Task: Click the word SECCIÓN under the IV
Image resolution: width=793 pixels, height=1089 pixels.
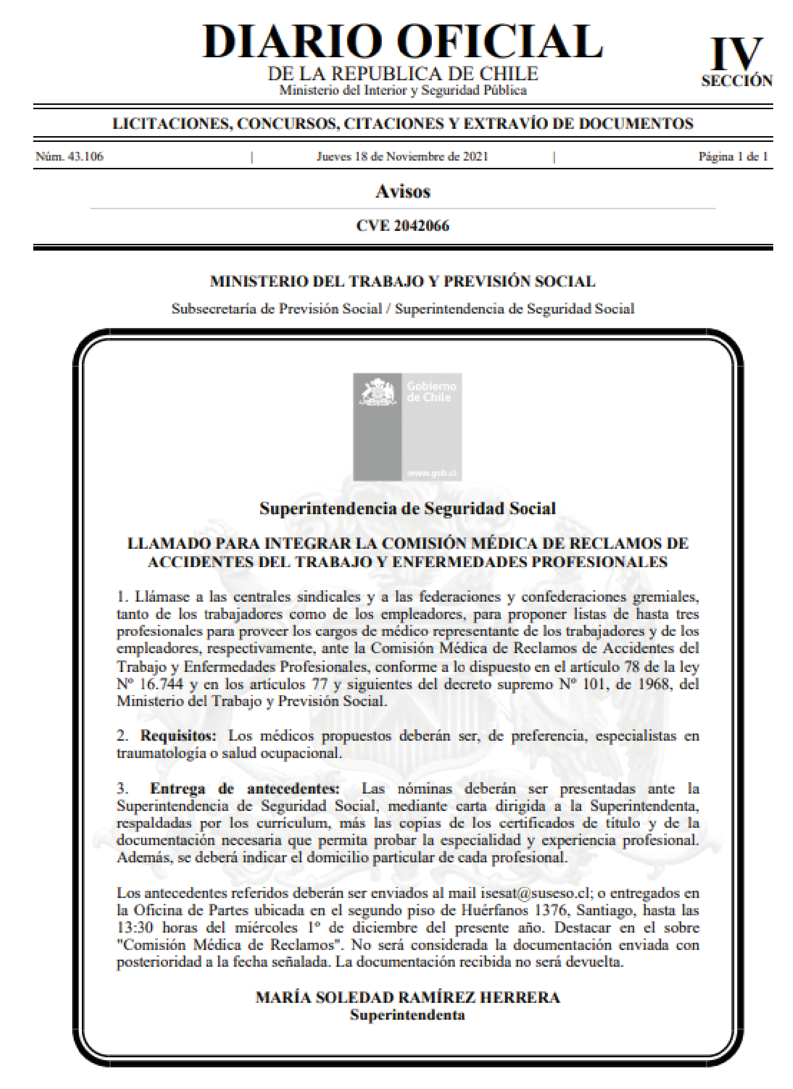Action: [737, 81]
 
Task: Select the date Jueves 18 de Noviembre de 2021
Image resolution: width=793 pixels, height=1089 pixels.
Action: [402, 156]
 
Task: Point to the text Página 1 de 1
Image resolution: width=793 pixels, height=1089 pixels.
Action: [733, 156]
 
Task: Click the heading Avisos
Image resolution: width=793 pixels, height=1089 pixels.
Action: [403, 191]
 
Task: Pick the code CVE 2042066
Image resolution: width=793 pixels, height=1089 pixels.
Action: [403, 226]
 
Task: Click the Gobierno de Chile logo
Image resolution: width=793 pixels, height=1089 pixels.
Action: [407, 427]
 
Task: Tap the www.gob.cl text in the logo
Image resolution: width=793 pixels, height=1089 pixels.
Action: [432, 473]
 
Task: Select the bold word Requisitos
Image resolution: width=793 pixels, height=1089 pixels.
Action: [178, 735]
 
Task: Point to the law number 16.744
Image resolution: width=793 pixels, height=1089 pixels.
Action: [162, 684]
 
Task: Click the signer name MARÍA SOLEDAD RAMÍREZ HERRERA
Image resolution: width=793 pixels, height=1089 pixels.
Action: [408, 997]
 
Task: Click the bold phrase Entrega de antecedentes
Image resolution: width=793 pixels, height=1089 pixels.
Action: [245, 788]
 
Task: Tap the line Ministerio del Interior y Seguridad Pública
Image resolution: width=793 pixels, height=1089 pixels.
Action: [403, 90]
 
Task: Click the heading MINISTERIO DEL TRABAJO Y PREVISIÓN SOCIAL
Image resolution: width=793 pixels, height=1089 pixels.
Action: [403, 281]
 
